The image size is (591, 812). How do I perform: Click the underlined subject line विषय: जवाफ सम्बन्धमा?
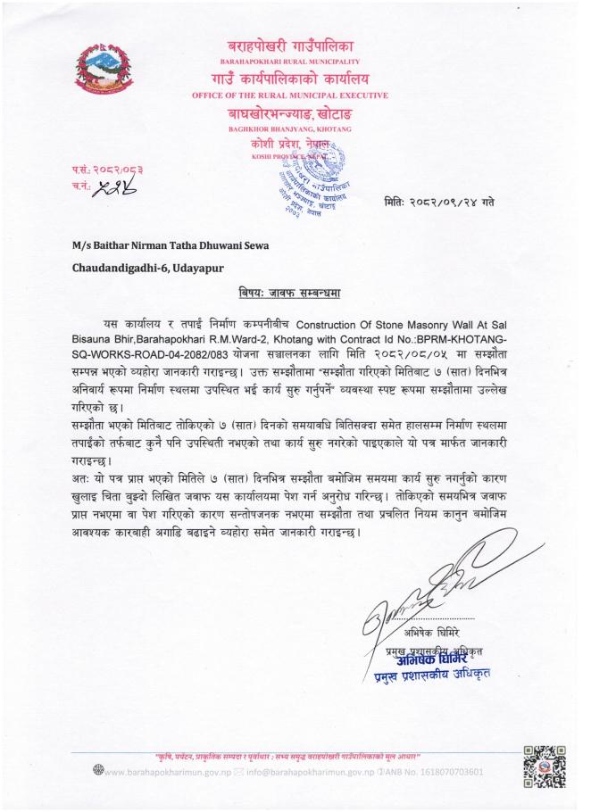pyautogui.click(x=295, y=292)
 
